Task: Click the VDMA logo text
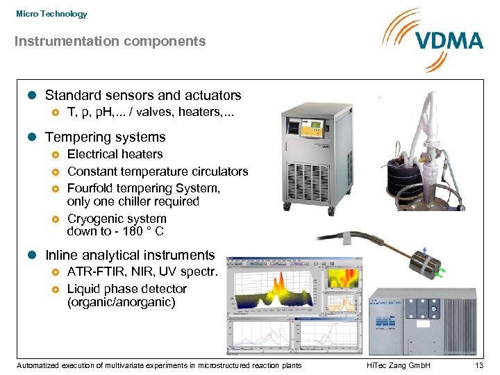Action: pyautogui.click(x=449, y=40)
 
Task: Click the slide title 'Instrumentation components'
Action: pyautogui.click(x=110, y=42)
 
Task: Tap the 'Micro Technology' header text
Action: pyautogui.click(x=51, y=14)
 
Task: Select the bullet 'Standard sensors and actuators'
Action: pyautogui.click(x=143, y=96)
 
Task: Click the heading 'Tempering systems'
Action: pyautogui.click(x=106, y=137)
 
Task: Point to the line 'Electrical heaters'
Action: pyautogui.click(x=115, y=154)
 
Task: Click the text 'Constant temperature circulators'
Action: pyautogui.click(x=157, y=171)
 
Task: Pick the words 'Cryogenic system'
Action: pyautogui.click(x=117, y=219)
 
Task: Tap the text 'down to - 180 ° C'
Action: pyautogui.click(x=115, y=231)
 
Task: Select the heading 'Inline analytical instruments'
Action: pyautogui.click(x=130, y=256)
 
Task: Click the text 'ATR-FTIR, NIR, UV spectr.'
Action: pyautogui.click(x=142, y=272)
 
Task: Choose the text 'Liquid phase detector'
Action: pyautogui.click(x=127, y=289)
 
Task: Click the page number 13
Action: pyautogui.click(x=478, y=365)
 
